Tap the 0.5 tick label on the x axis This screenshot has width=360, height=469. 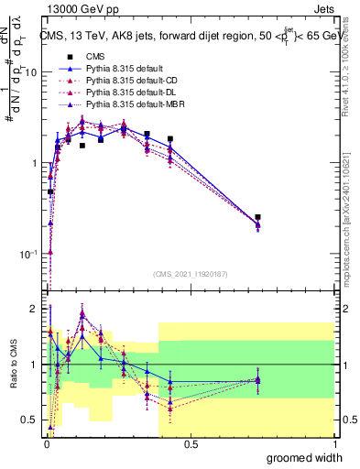click(x=191, y=443)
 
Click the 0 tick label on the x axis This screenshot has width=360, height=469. click(x=46, y=443)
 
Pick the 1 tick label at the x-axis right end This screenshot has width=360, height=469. click(x=334, y=443)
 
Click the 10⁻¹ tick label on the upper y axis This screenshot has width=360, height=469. click(x=27, y=254)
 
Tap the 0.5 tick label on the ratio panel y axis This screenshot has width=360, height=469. click(x=30, y=420)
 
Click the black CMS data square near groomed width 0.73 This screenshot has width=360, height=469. click(x=258, y=218)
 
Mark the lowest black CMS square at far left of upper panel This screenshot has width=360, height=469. click(x=50, y=192)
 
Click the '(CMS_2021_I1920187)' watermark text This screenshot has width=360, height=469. click(x=190, y=272)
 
